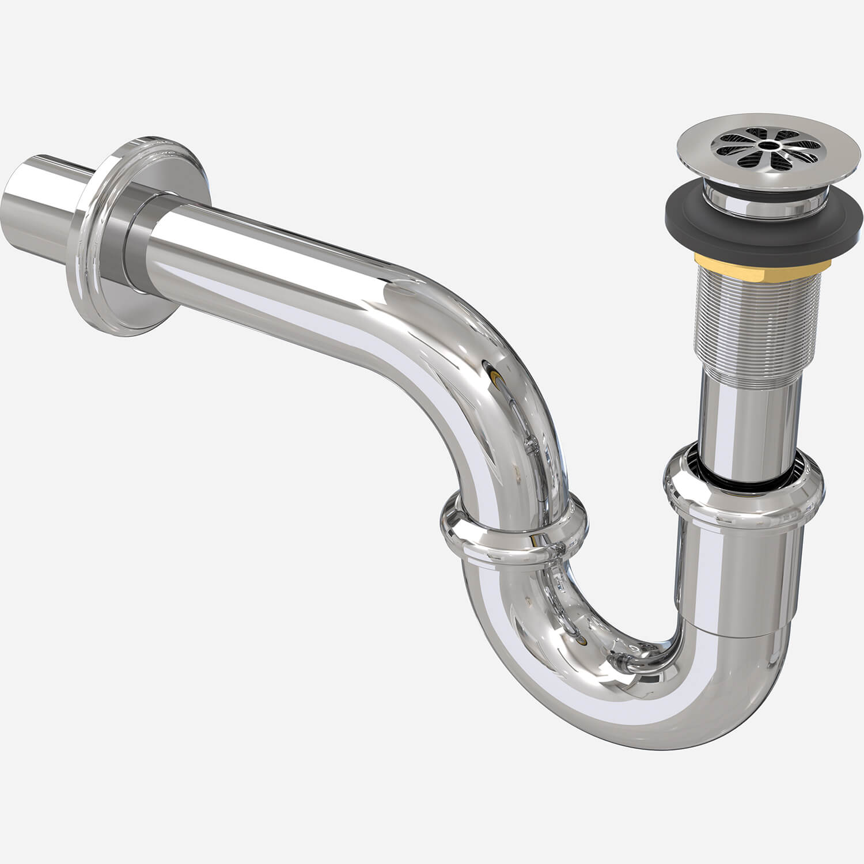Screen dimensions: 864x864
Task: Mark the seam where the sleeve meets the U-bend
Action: (737, 634)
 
